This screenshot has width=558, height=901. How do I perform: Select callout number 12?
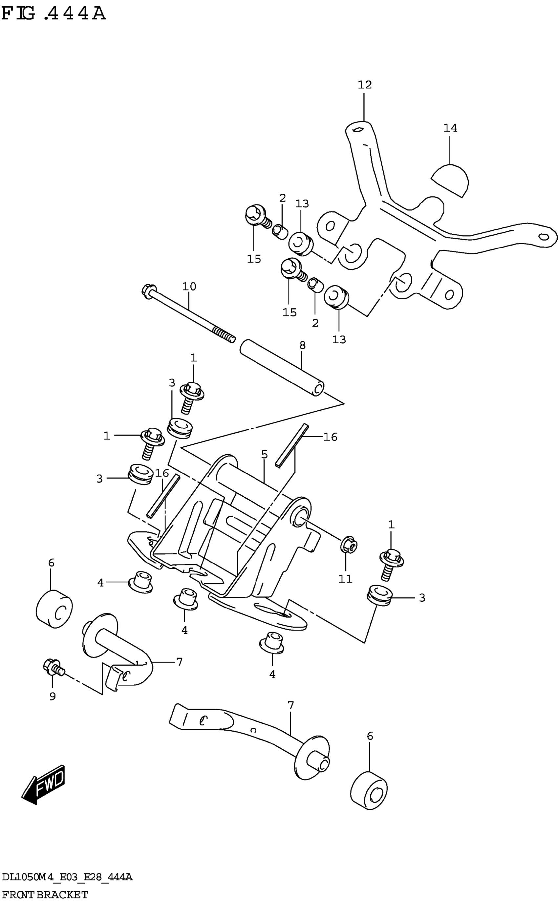point(365,85)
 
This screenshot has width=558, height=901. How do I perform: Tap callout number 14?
point(450,128)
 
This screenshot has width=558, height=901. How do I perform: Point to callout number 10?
point(189,286)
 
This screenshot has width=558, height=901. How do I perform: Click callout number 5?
point(264,454)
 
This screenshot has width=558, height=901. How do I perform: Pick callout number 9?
point(53,696)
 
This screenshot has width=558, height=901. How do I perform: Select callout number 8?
point(302,345)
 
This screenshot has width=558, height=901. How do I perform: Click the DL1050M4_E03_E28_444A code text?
point(67,877)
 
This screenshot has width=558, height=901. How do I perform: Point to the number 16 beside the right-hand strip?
point(330,437)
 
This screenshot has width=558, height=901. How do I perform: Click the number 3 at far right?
point(422,598)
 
